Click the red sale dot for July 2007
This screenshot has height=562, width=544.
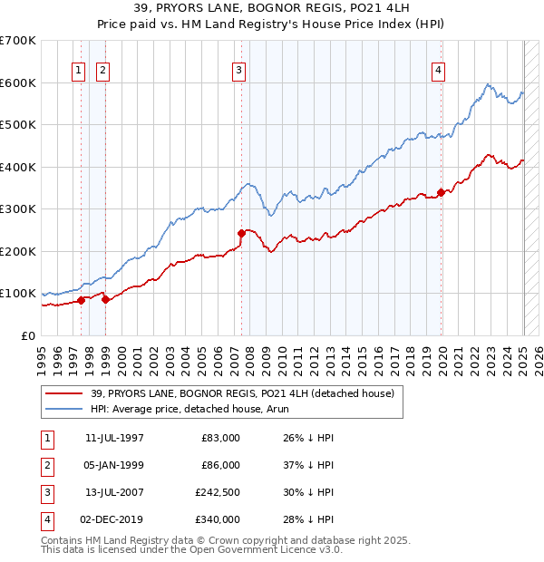pyautogui.click(x=242, y=233)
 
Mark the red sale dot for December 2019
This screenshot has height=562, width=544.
pyautogui.click(x=441, y=191)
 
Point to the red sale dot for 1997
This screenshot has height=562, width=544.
pyautogui.click(x=81, y=300)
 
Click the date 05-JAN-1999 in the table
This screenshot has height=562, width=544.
pyautogui.click(x=114, y=465)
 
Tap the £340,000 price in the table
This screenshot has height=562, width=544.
pyautogui.click(x=218, y=519)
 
